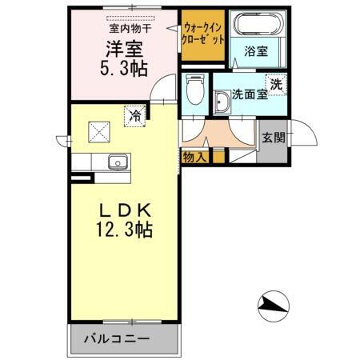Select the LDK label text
[x=125, y=210]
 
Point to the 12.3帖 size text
[x=125, y=230]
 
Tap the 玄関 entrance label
[x=273, y=137]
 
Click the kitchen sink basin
[x=118, y=162]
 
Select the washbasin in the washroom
[x=222, y=101]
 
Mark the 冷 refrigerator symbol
[x=136, y=116]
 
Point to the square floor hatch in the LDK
[x=98, y=129]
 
